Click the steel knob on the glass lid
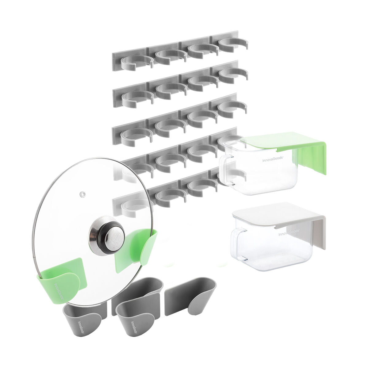(x=107, y=235)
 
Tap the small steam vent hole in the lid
(x=82, y=194)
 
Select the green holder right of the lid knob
(x=138, y=251)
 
